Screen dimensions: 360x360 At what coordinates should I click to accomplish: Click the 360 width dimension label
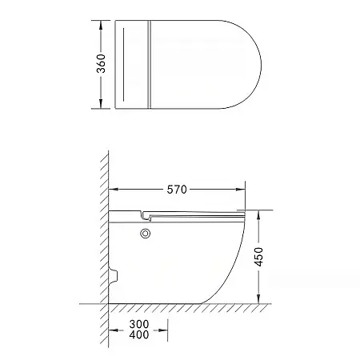pyautogui.click(x=101, y=64)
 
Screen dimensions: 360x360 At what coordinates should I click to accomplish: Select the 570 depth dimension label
pyautogui.click(x=177, y=190)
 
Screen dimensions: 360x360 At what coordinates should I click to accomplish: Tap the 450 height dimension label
pyautogui.click(x=258, y=257)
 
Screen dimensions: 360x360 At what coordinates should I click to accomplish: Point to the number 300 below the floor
pyautogui.click(x=139, y=324)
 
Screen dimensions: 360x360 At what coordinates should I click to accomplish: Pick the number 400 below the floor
pyautogui.click(x=139, y=334)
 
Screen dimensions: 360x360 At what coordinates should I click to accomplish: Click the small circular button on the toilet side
pyautogui.click(x=146, y=234)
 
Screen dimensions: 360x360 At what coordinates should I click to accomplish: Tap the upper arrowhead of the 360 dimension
pyautogui.click(x=101, y=25)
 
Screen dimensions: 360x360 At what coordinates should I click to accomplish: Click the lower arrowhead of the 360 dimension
pyautogui.click(x=101, y=104)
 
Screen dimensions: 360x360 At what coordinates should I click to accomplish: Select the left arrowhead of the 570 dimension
pyautogui.click(x=114, y=190)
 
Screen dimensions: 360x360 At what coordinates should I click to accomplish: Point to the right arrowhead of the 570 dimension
pyautogui.click(x=241, y=190)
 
